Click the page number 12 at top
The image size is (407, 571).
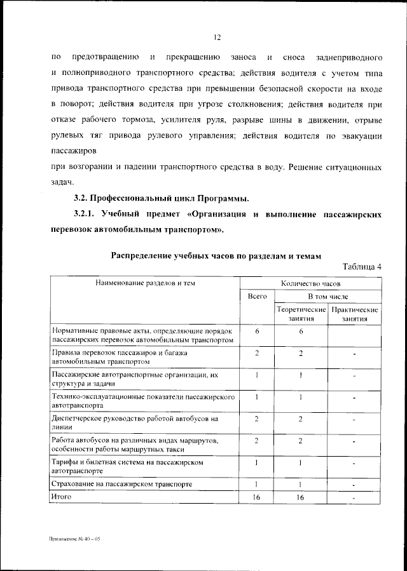[217, 37]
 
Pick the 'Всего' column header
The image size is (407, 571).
[257, 297]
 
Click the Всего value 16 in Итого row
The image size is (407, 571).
[257, 497]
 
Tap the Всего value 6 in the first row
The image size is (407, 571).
[257, 332]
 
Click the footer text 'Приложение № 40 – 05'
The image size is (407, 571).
[75, 539]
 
